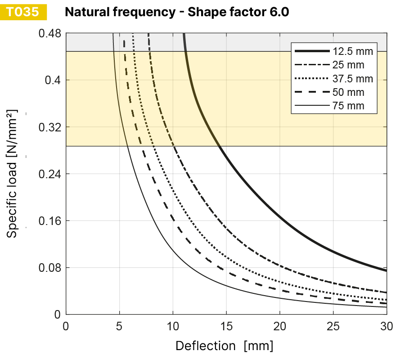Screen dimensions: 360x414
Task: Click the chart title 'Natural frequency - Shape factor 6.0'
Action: pyautogui.click(x=177, y=12)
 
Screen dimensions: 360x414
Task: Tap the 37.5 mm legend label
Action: pyautogui.click(x=353, y=79)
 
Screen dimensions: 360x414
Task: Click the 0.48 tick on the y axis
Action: pyautogui.click(x=50, y=33)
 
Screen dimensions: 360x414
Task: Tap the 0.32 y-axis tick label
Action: pyautogui.click(x=50, y=127)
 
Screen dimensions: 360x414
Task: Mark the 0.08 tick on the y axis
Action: pyautogui.click(x=50, y=268)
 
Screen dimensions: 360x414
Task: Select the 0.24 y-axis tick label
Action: pyautogui.click(x=50, y=174)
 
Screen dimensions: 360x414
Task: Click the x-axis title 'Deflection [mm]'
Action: pyautogui.click(x=224, y=346)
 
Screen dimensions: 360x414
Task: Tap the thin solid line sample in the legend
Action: pyautogui.click(x=311, y=106)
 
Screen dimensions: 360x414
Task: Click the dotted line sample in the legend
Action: pyautogui.click(x=311, y=79)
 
